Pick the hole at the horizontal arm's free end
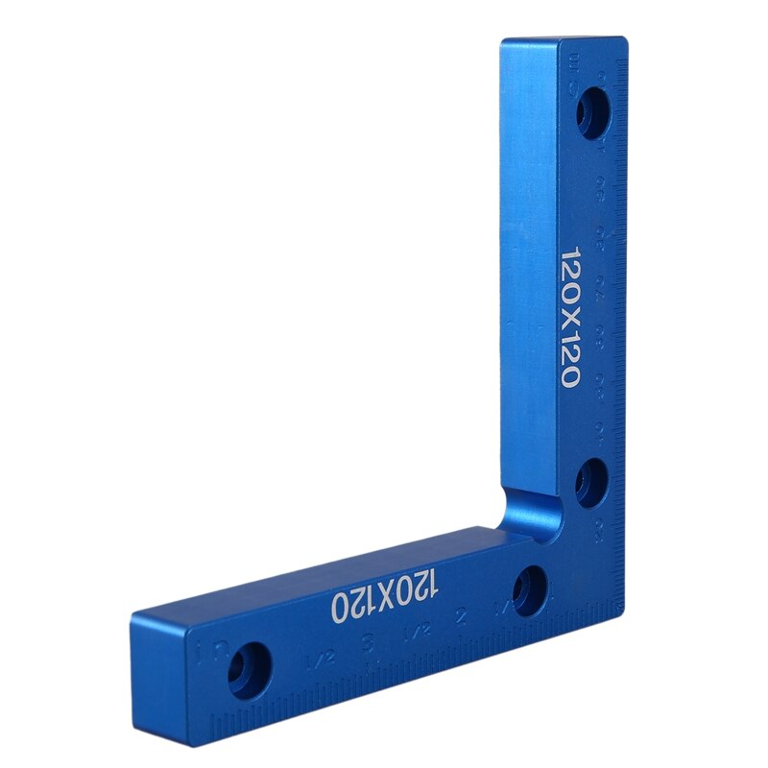250,667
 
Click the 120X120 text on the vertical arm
571,317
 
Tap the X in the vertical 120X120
571,316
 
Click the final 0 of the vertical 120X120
570,375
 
